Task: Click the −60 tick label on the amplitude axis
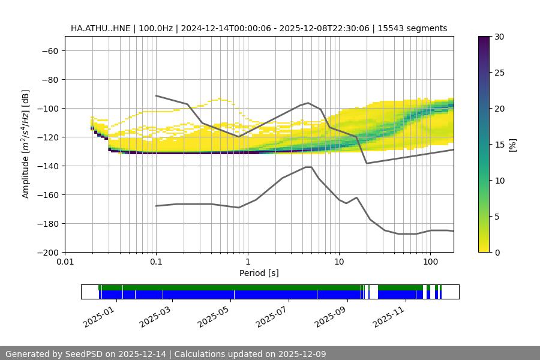(49, 51)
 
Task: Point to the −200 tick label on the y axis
(46, 253)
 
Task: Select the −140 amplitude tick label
(46, 166)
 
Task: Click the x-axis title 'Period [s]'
(259, 274)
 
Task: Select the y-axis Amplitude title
(25, 145)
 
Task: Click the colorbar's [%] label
(512, 145)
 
